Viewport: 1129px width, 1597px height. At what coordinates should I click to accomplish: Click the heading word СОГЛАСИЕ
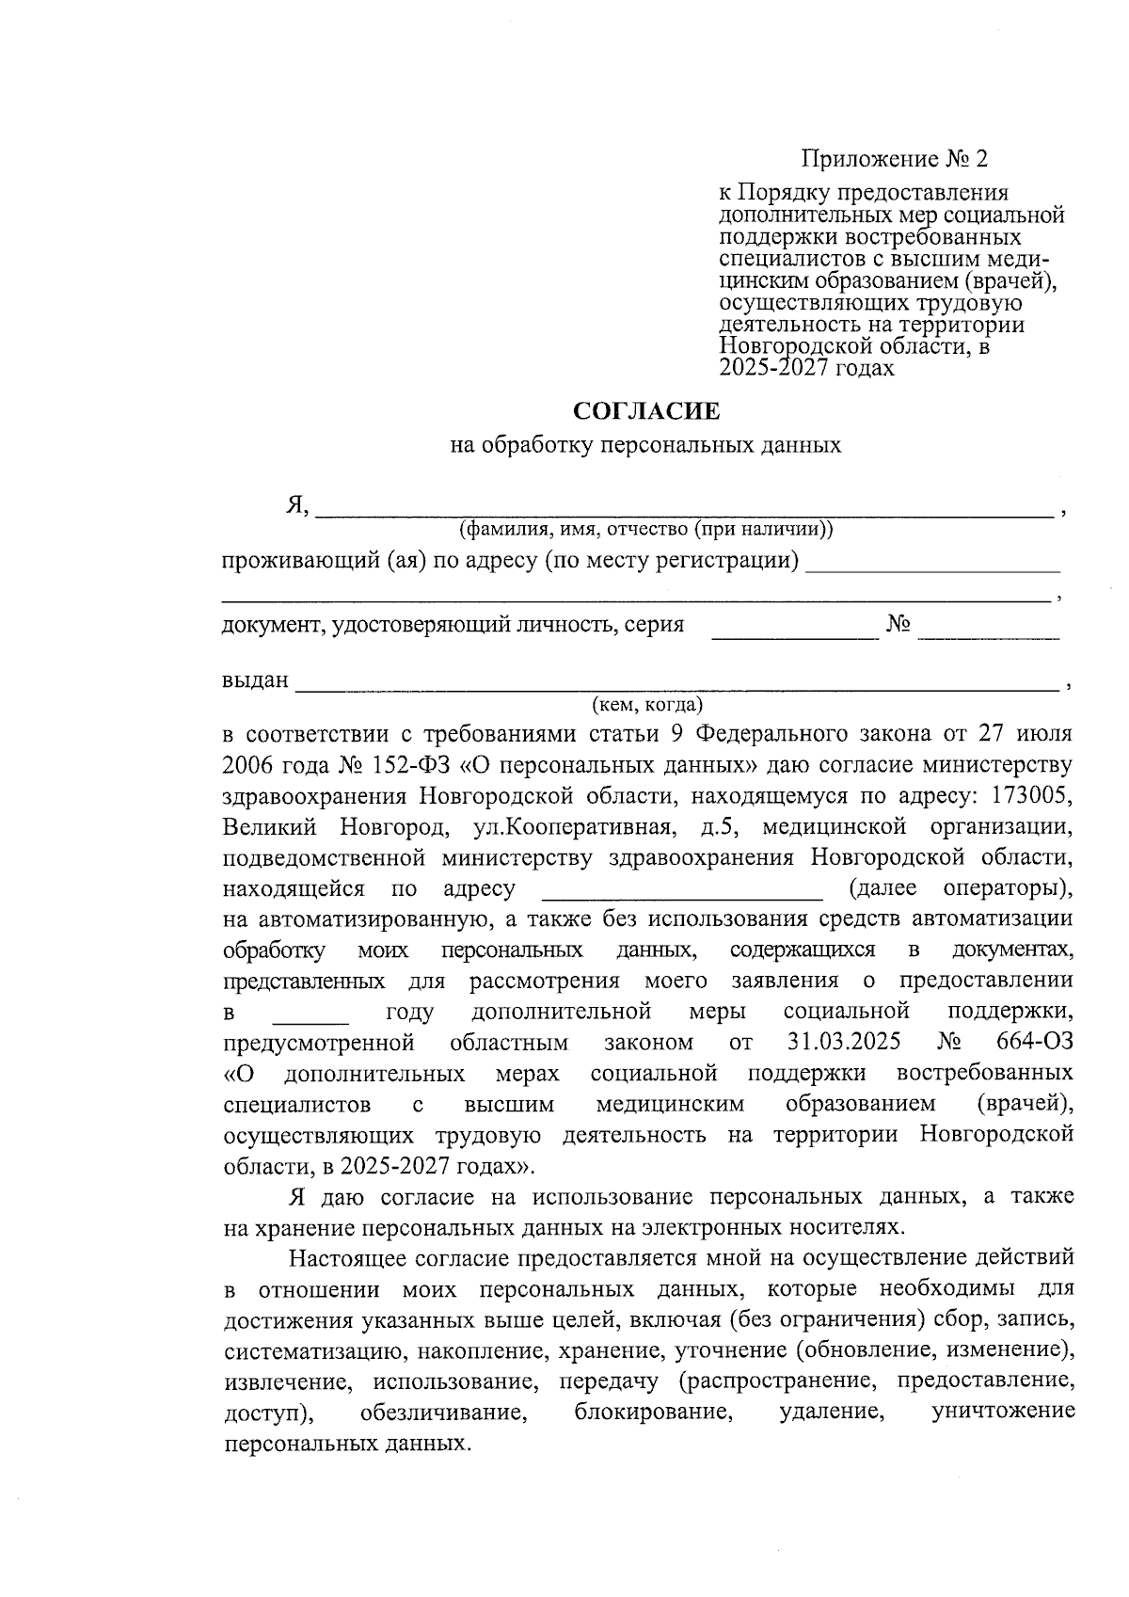coord(647,411)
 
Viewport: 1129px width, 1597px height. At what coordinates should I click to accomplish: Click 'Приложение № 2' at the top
coord(896,158)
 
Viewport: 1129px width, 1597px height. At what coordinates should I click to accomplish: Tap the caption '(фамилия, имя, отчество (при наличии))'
coord(645,529)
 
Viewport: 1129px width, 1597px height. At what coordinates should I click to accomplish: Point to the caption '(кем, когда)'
coord(647,704)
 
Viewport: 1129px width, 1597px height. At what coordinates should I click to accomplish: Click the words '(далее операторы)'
coord(960,888)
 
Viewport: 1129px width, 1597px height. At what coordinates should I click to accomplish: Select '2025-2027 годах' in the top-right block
coord(806,368)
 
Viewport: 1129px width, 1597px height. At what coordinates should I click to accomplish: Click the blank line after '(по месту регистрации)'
coord(933,567)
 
